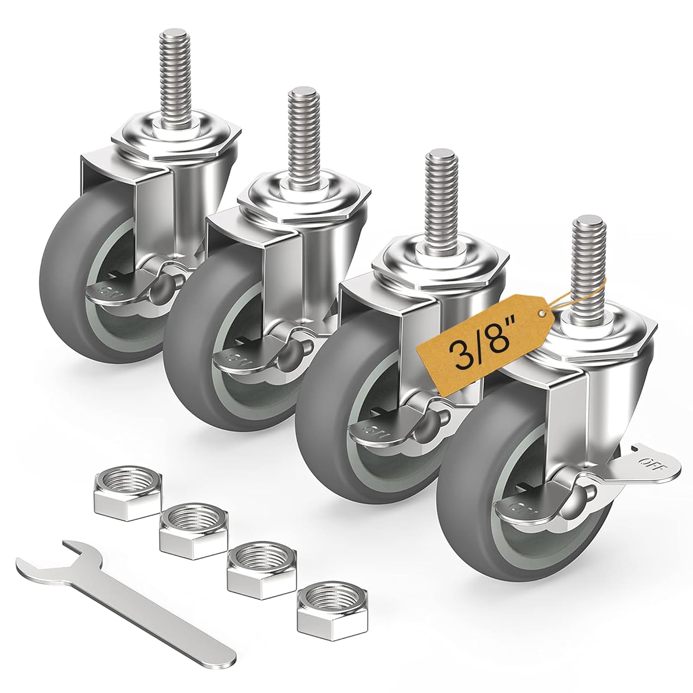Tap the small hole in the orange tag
[x=541, y=314]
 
